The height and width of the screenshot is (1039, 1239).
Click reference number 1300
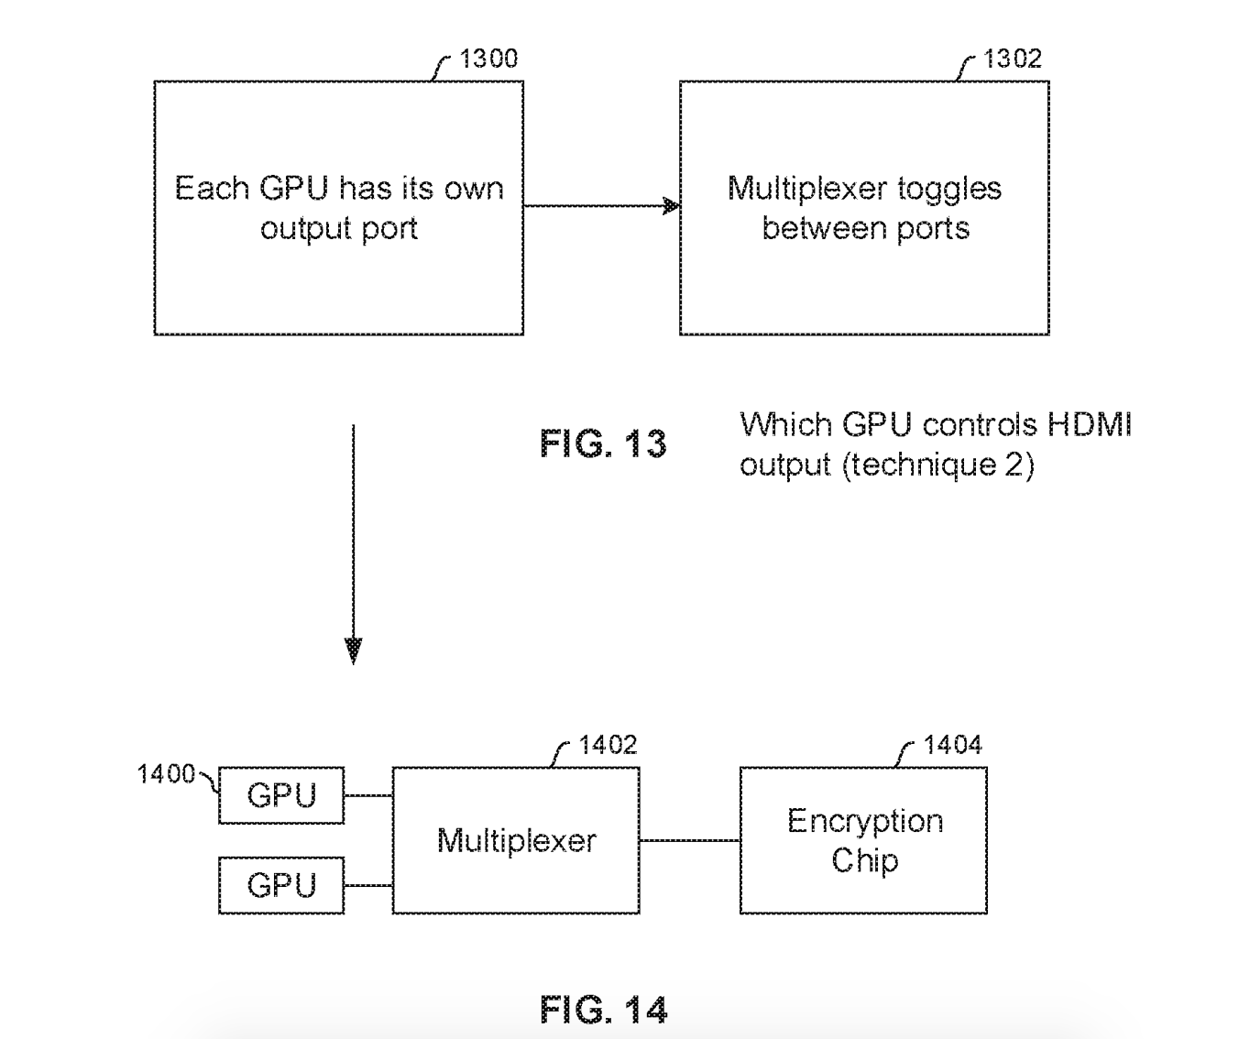click(488, 59)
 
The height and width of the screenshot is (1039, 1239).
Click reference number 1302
click(1012, 59)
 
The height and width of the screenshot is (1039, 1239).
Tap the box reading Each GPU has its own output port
click(338, 208)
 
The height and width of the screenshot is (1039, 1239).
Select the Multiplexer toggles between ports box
click(863, 208)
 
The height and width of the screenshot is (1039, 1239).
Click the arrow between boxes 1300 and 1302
click(600, 206)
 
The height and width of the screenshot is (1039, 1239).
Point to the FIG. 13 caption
click(603, 444)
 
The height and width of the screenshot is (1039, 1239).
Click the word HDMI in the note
click(1090, 425)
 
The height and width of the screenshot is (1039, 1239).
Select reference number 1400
click(166, 774)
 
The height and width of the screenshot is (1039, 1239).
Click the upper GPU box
click(281, 795)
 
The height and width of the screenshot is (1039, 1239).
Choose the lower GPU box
click(281, 885)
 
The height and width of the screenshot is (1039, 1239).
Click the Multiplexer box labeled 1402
click(516, 840)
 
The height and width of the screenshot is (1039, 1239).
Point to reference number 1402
click(608, 745)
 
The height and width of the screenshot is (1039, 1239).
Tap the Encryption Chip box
click(863, 840)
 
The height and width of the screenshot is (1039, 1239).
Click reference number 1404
click(952, 745)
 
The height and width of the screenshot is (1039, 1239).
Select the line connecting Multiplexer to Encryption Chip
click(689, 840)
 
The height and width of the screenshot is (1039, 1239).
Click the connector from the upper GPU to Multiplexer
click(368, 795)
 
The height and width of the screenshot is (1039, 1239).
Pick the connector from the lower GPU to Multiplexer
click(368, 885)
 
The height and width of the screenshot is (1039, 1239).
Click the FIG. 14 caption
click(603, 1010)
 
